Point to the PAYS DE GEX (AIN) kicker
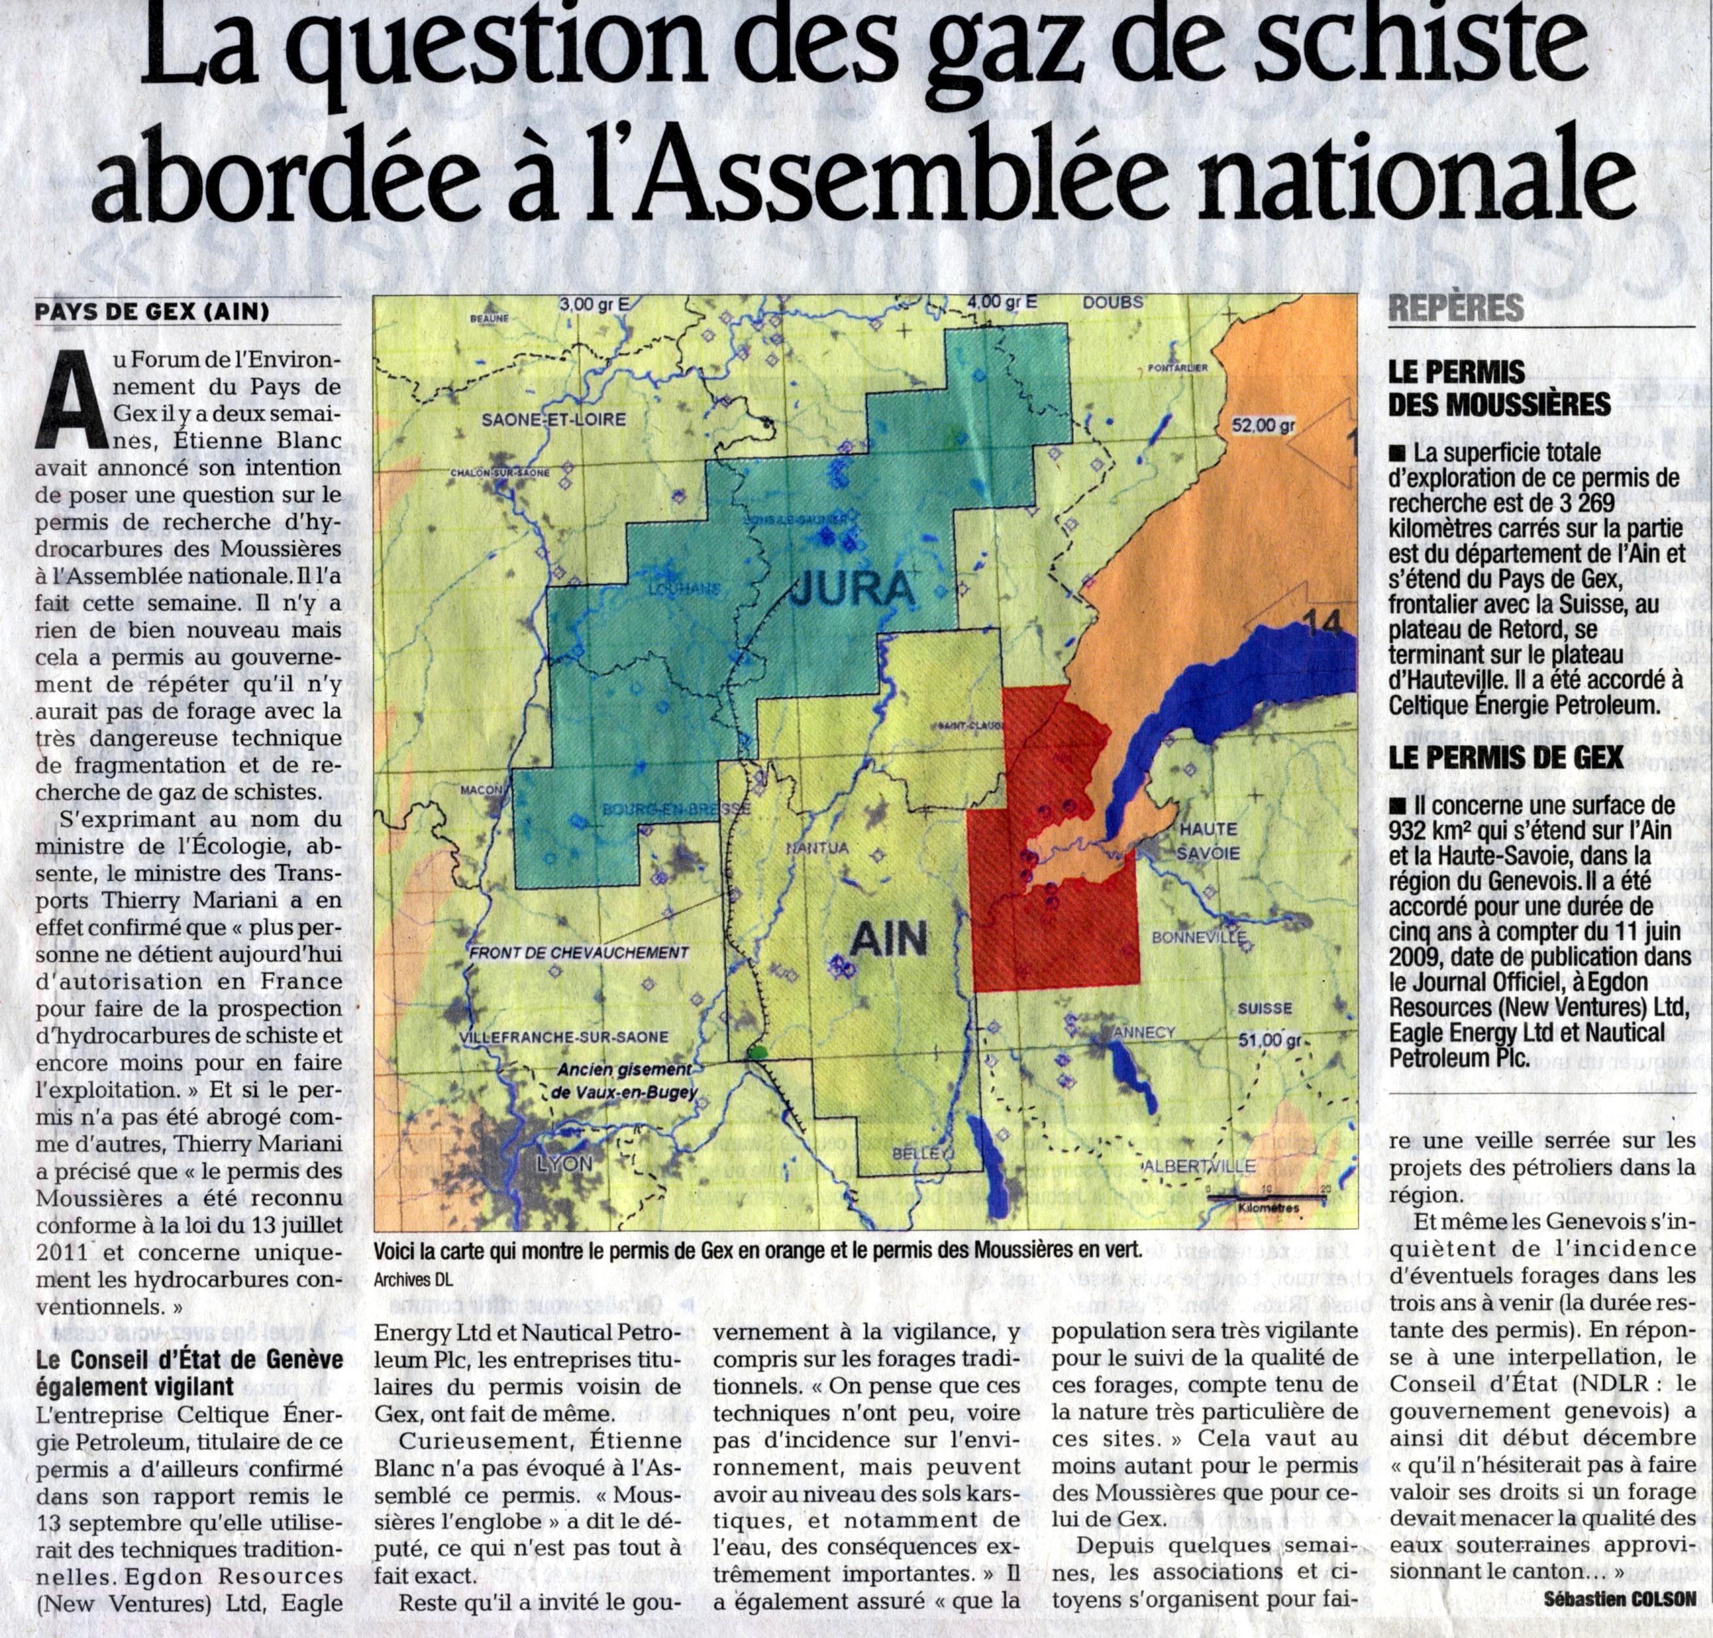pyautogui.click(x=152, y=312)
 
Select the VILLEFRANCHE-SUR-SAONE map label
pyautogui.click(x=562, y=1037)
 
